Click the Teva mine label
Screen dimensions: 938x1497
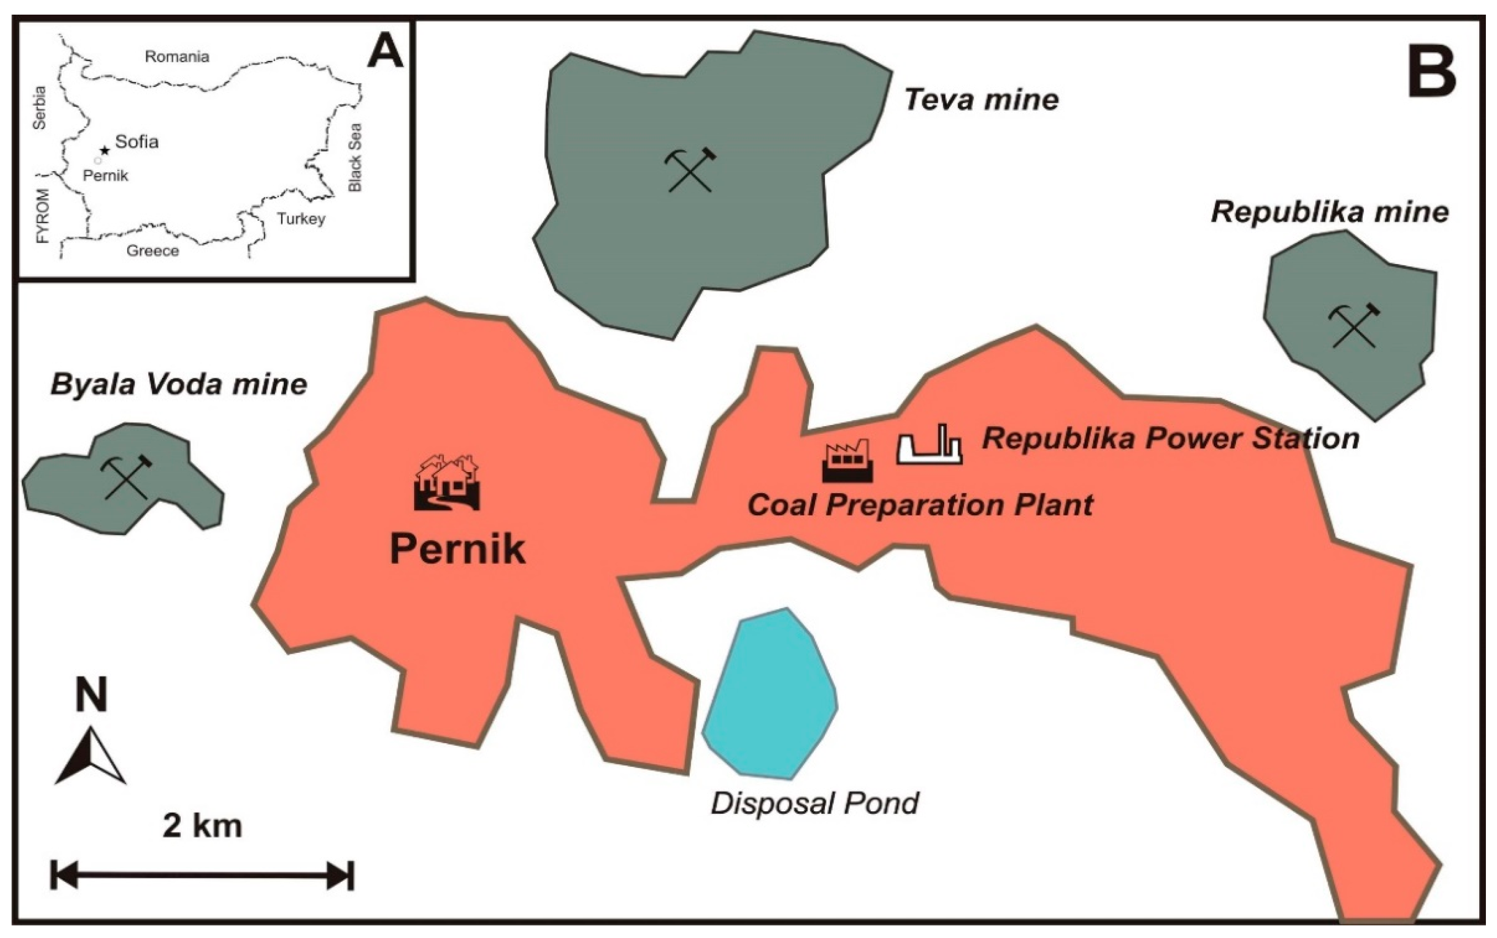981,100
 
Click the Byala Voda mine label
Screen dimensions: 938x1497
179,385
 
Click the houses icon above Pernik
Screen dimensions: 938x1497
447,482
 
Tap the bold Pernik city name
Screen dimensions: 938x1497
457,549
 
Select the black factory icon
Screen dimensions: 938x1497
847,461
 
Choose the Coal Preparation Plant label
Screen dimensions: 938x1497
920,505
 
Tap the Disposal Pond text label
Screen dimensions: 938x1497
814,803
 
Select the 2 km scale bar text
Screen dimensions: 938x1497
202,826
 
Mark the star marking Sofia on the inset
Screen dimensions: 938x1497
105,150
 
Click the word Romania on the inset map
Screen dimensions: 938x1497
177,57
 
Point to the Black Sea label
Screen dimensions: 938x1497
355,158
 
